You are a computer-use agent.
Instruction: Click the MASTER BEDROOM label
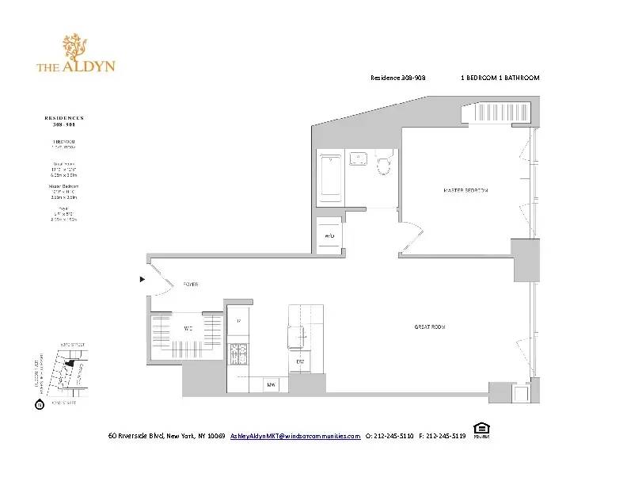465,190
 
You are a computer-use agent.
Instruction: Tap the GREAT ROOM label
430,327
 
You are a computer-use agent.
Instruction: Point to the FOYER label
191,284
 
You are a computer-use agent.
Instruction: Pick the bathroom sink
359,158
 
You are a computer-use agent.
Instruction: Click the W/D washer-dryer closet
329,236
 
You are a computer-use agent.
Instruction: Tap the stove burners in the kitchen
238,352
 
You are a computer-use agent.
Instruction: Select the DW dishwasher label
300,362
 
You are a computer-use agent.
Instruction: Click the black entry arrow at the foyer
142,279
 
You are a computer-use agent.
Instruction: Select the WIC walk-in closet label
188,327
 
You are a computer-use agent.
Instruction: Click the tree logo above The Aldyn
76,47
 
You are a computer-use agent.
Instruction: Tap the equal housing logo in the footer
481,431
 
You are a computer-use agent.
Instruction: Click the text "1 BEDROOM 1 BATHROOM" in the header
500,78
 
